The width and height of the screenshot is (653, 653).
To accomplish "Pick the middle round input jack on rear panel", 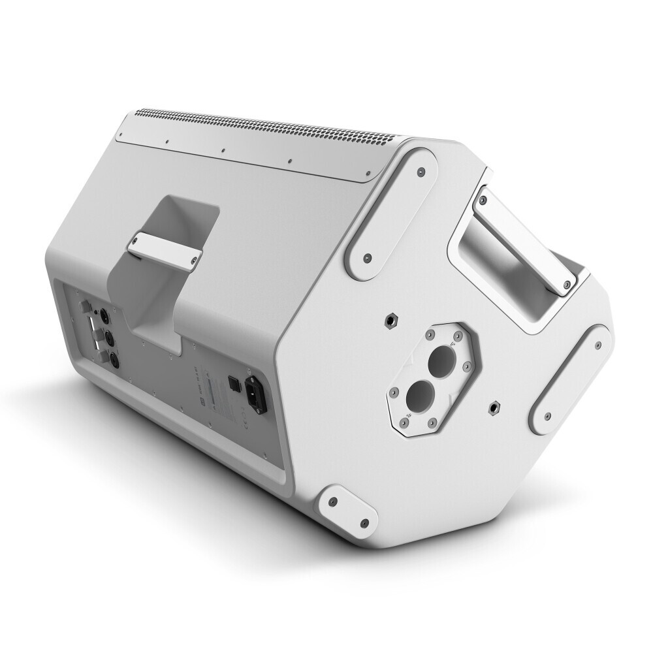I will pos(110,338).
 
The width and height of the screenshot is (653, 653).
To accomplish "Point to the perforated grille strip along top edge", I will pos(274,131).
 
